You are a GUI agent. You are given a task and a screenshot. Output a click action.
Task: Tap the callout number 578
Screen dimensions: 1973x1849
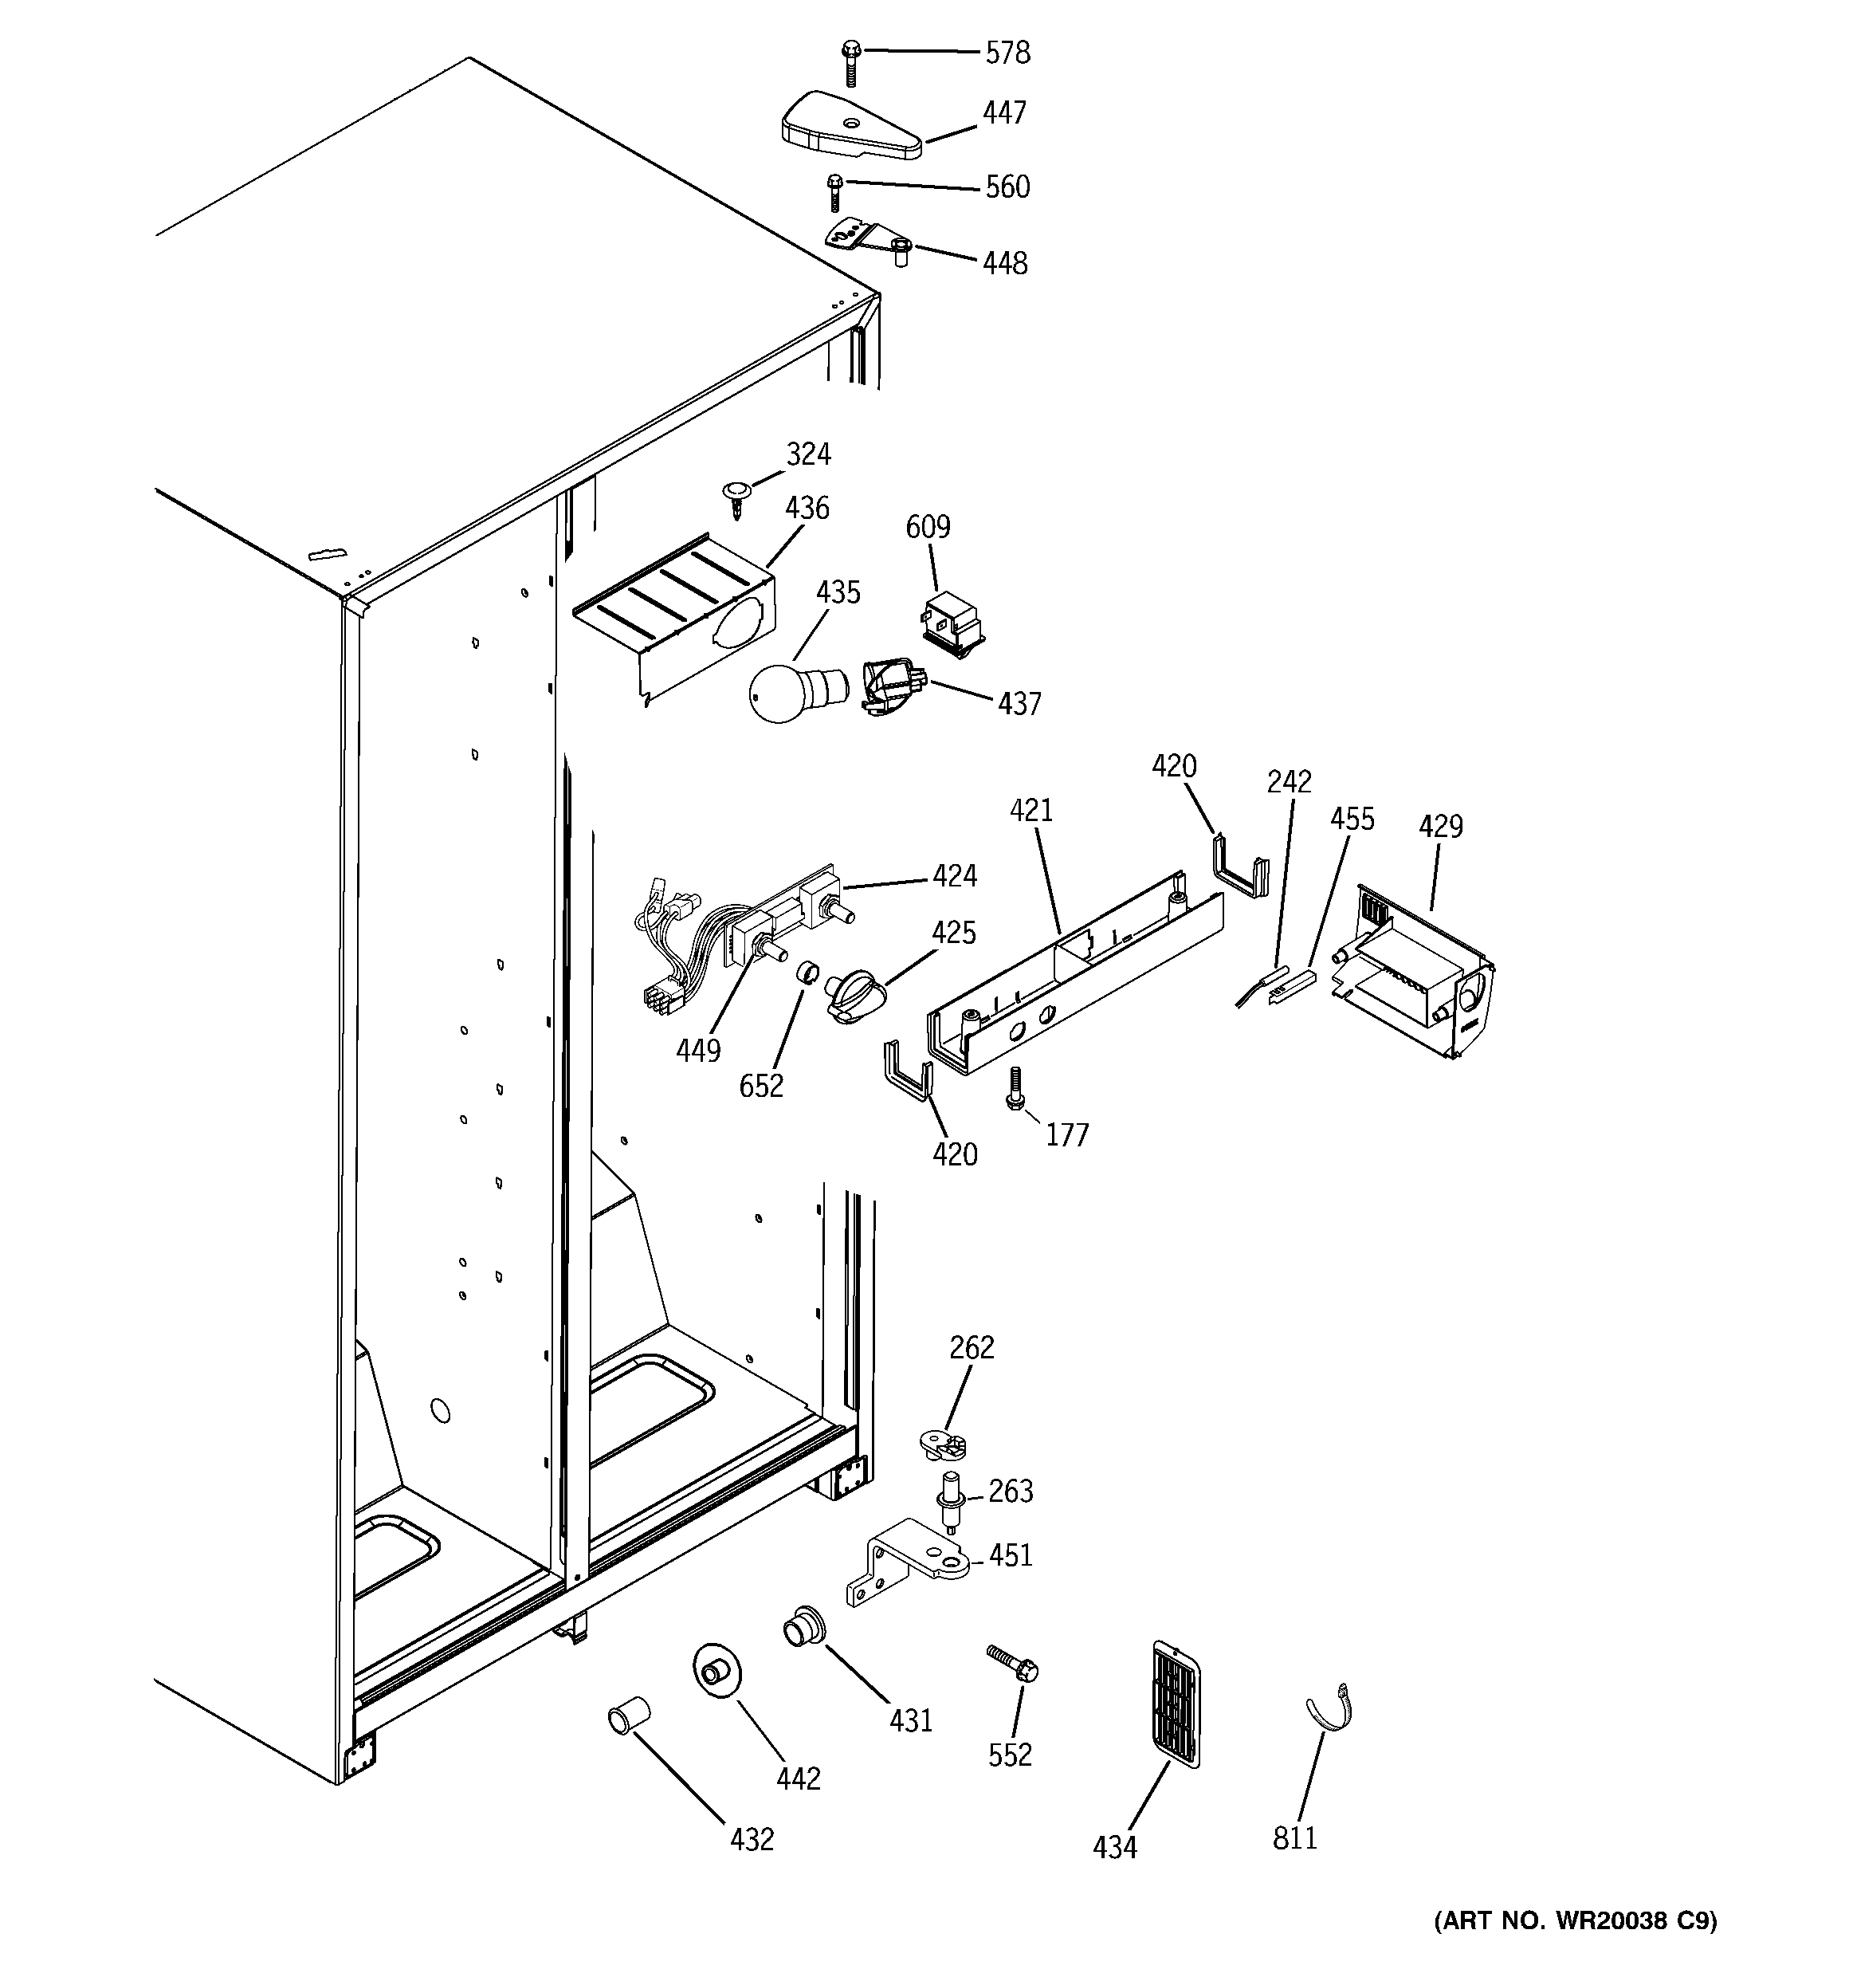point(1007,53)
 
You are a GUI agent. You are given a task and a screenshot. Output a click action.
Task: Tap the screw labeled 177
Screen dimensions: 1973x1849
point(1015,1089)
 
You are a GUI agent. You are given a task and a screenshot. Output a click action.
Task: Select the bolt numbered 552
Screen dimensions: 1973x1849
point(1013,1662)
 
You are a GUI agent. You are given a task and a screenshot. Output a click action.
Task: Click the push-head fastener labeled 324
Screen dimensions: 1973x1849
point(736,495)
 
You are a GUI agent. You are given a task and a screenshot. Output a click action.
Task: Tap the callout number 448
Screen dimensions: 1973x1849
point(1004,263)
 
